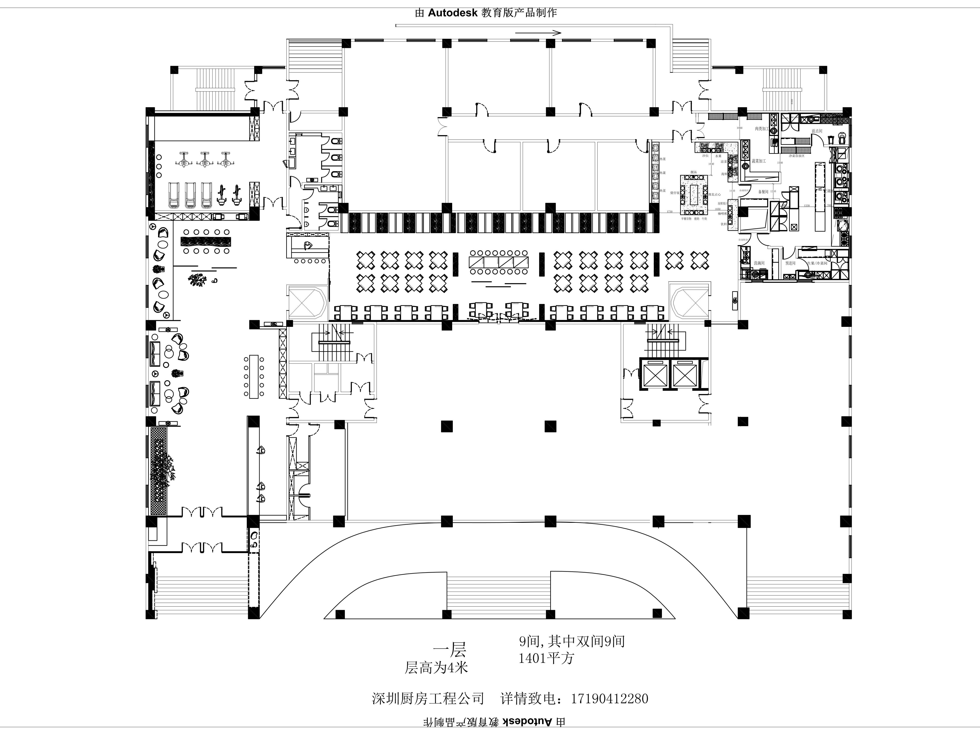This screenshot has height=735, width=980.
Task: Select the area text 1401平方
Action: [546, 658]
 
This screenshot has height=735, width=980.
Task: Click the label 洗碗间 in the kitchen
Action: [759, 263]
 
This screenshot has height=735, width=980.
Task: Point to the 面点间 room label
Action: [817, 131]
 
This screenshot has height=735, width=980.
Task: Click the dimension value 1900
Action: [739, 128]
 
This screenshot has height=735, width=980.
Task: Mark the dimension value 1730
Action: [669, 212]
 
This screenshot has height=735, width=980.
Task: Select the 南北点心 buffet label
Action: [715, 194]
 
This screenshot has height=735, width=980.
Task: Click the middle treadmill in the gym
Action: [190, 195]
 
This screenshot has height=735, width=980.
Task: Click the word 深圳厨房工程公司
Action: [427, 699]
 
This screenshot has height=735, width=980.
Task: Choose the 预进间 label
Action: [790, 263]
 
